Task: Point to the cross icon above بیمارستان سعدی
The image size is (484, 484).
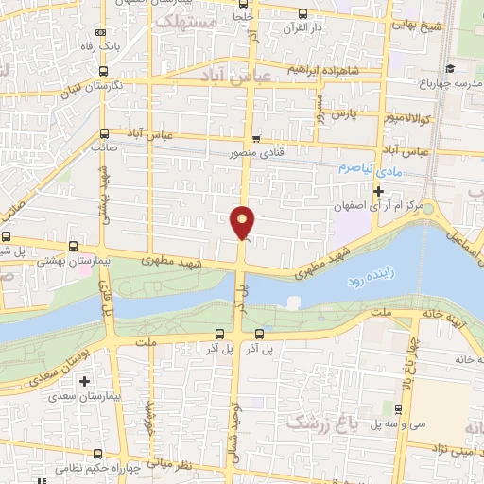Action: click(x=85, y=381)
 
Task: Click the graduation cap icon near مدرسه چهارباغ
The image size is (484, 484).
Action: click(x=450, y=68)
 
